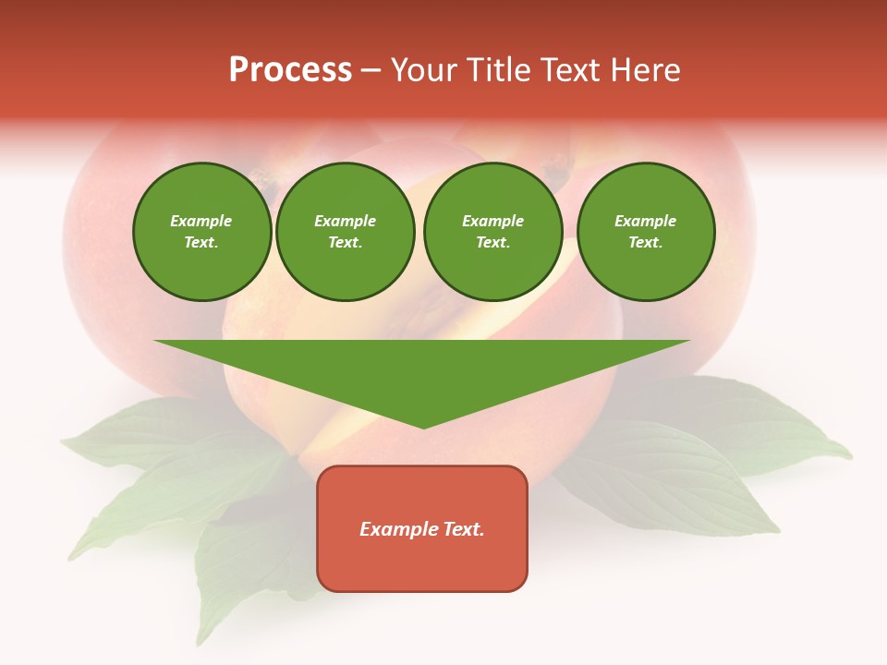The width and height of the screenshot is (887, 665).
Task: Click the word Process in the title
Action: point(290,70)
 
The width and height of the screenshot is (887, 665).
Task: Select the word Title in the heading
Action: point(496,70)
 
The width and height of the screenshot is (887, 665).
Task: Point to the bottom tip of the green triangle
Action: point(423,427)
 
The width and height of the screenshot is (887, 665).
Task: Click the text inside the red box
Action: point(422,529)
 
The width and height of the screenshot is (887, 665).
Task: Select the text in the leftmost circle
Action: point(201,232)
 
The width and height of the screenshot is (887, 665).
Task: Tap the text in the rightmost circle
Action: point(645,232)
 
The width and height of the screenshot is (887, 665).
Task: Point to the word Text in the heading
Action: point(573,70)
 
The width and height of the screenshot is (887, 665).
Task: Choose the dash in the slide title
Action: point(371,70)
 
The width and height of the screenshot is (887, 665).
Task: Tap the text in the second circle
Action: point(345,232)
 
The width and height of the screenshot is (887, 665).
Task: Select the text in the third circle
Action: point(492,232)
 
